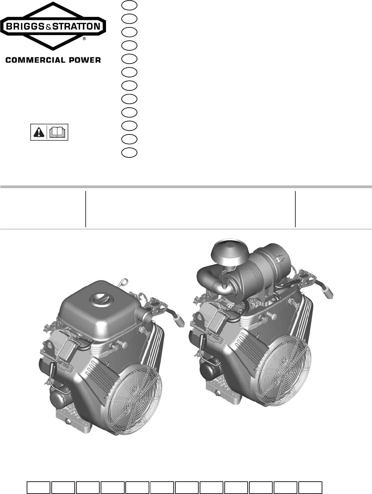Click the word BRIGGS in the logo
25,27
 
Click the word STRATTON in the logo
76,27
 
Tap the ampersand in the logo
49,27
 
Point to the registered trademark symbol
84,39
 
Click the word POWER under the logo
85,60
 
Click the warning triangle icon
39,132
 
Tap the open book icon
57,132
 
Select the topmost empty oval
129,6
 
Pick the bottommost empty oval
129,152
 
